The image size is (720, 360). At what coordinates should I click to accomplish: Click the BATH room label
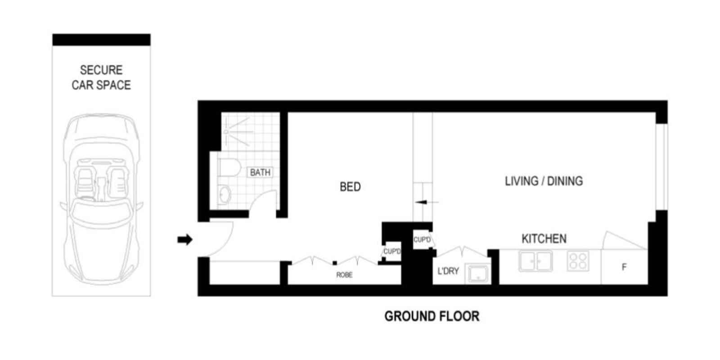click(260, 172)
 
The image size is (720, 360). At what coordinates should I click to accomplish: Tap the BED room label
click(350, 187)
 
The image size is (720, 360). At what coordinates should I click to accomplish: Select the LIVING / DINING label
click(544, 181)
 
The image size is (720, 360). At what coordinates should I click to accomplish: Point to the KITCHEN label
click(544, 238)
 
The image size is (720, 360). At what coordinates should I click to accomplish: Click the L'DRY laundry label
click(448, 271)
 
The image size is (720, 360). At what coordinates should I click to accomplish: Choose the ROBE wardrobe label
click(344, 275)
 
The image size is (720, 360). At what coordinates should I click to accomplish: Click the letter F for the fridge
click(624, 267)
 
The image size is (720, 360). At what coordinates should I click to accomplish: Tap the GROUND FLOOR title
click(432, 316)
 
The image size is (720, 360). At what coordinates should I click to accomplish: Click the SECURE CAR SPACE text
click(101, 77)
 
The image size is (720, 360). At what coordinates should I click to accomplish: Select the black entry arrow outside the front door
click(185, 240)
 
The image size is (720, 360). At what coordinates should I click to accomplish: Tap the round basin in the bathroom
click(225, 195)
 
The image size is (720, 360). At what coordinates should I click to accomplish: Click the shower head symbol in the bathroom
click(226, 132)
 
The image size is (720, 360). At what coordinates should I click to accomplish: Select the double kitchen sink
click(535, 261)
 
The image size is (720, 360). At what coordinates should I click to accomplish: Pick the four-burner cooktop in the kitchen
click(578, 261)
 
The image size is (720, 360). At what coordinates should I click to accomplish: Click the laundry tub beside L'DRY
click(477, 274)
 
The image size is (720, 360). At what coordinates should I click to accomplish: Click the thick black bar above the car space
click(101, 40)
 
